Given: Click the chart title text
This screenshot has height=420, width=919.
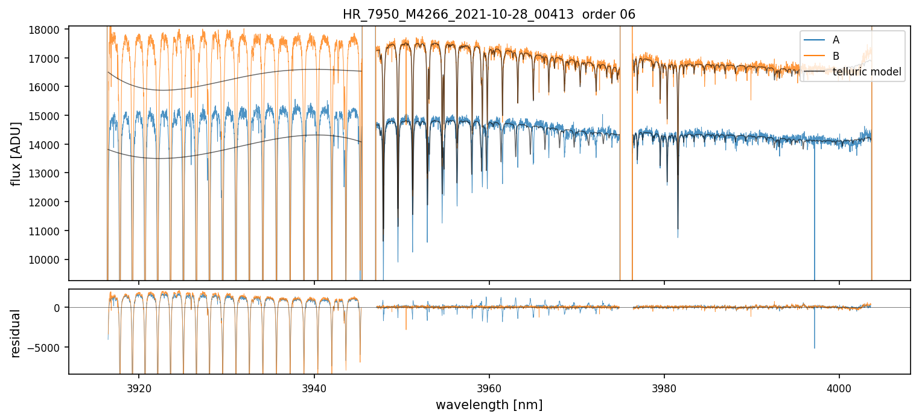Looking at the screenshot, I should click(x=489, y=14).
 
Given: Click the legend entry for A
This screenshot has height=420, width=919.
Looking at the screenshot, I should click(x=836, y=40).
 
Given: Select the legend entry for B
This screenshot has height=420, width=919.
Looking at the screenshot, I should click(x=836, y=56).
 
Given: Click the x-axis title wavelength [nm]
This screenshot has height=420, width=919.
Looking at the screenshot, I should click(x=489, y=405).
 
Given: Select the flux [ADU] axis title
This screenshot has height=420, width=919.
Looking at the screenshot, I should click(x=16, y=153).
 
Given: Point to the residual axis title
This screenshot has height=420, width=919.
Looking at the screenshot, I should click(x=16, y=333).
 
